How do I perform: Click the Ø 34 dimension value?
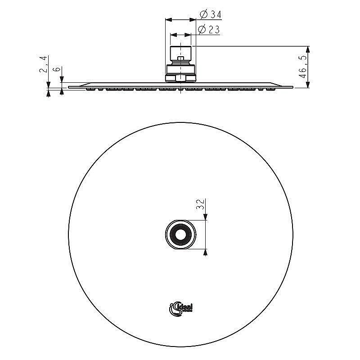(210, 15)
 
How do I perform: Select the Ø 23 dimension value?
(208, 30)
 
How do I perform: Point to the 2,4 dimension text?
(44, 65)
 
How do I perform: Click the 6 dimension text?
(57, 70)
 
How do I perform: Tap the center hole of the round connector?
(180, 234)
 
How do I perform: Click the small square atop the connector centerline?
(180, 58)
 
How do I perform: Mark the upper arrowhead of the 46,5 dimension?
(308, 49)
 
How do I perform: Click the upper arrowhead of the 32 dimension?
(206, 217)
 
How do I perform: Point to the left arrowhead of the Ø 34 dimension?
(168, 20)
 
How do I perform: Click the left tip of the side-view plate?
(69, 87)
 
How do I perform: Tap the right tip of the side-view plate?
(292, 87)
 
